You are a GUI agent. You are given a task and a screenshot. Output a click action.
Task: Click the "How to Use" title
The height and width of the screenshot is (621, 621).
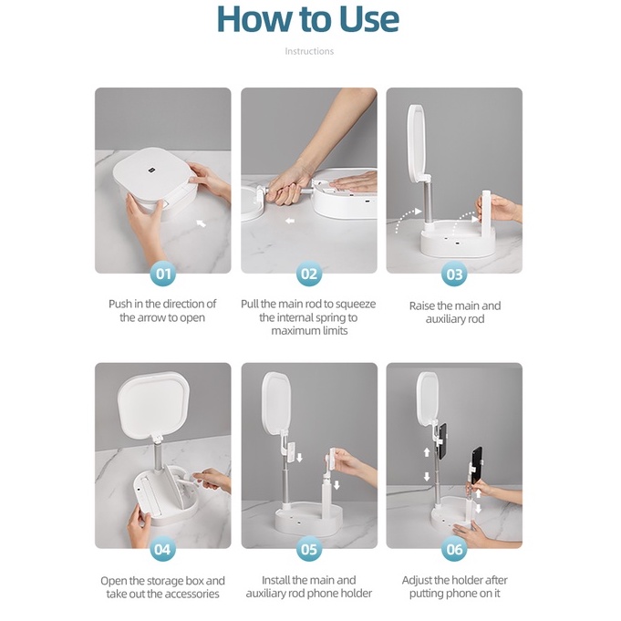[x=307, y=19]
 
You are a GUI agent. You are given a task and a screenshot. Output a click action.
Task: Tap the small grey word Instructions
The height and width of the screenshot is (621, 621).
[x=309, y=51]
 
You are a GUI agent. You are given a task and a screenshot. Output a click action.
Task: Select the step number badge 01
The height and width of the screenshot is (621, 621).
[x=163, y=274]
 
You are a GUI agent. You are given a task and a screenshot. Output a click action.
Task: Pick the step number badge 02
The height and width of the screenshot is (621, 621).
[x=309, y=274]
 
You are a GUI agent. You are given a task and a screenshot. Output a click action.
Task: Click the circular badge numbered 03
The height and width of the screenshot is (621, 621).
[x=454, y=274]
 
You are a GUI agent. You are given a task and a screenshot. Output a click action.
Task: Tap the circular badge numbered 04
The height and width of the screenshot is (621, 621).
[x=163, y=549]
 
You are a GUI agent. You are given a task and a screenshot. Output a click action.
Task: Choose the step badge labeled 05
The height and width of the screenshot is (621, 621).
[x=309, y=549]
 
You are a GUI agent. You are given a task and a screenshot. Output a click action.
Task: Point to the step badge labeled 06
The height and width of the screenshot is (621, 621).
[x=454, y=549]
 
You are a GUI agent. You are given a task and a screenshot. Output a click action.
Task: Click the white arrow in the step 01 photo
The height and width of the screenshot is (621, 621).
[x=202, y=223]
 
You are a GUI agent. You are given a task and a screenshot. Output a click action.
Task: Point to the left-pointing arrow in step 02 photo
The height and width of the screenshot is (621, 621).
[x=290, y=221]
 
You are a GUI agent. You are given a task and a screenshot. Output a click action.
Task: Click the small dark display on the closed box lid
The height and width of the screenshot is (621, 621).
[x=150, y=171]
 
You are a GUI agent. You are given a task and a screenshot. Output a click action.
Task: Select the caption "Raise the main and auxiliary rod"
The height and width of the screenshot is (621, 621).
[x=455, y=312]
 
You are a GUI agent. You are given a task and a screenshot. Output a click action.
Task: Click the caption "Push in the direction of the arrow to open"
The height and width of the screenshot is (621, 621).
[x=162, y=310]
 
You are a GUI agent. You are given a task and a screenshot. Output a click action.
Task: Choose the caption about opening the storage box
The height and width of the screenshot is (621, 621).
[x=162, y=587]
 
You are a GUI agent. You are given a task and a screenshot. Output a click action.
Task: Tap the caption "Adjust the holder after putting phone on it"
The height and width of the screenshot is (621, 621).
[x=455, y=586]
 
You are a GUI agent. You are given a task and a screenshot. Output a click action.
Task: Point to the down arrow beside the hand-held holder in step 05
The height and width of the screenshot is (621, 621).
[x=336, y=485]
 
